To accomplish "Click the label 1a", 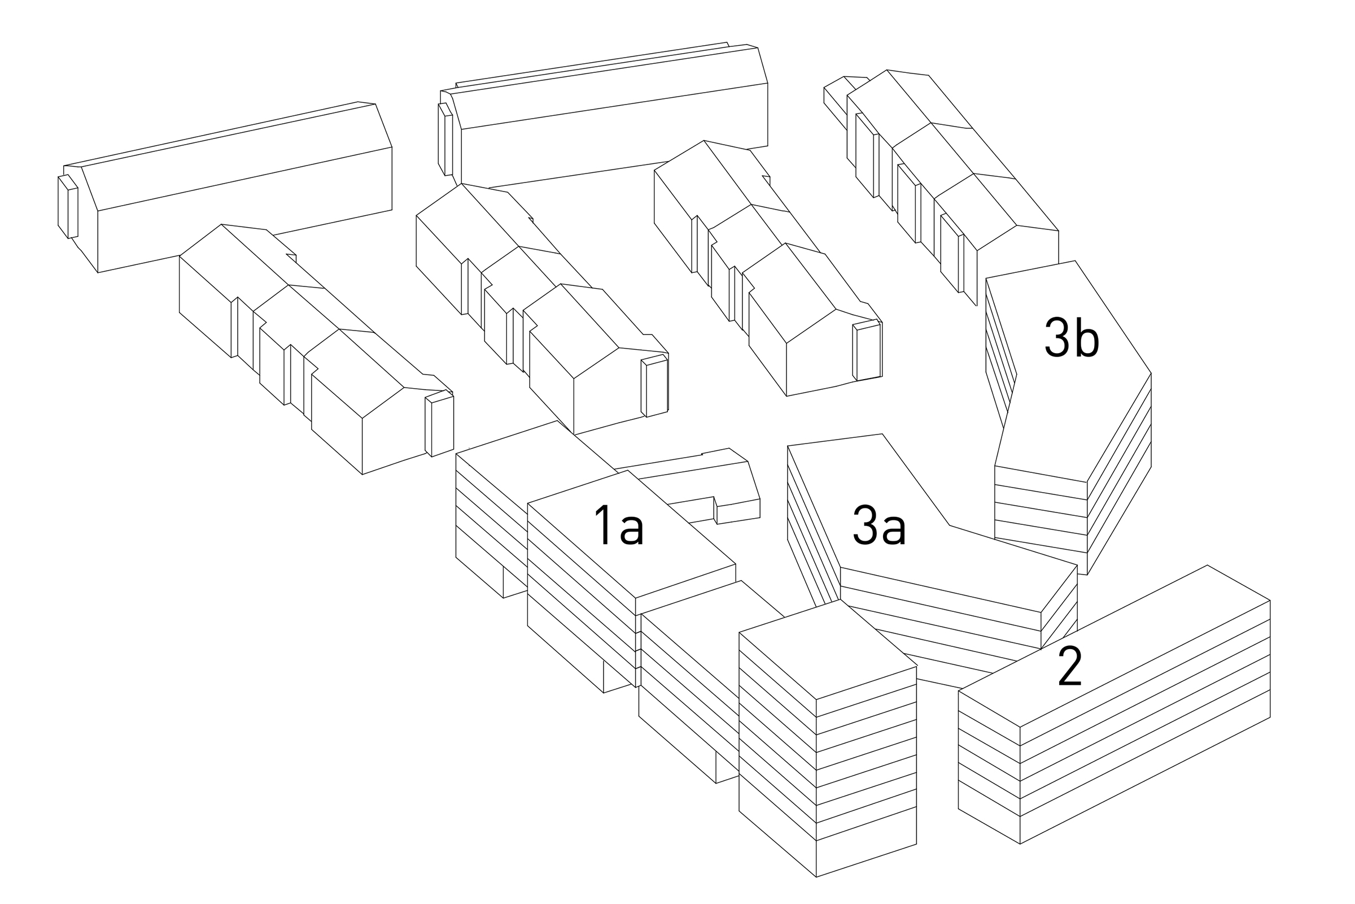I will click(x=619, y=525).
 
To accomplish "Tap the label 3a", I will click(x=879, y=525).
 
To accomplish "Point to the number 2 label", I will click(x=1070, y=667).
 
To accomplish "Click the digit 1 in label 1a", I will click(x=602, y=525).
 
